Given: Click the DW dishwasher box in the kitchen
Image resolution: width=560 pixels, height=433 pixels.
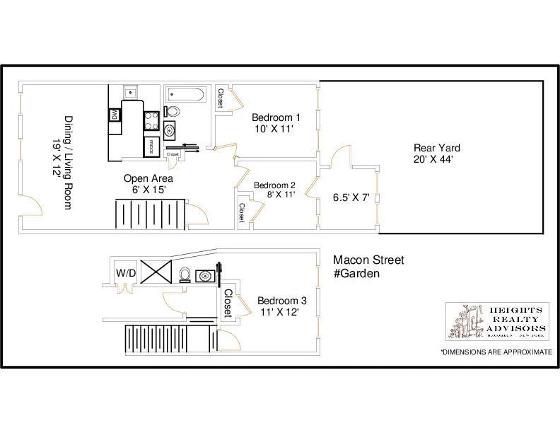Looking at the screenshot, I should (113, 115).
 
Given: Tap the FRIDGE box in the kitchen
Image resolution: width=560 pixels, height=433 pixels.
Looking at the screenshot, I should (151, 146).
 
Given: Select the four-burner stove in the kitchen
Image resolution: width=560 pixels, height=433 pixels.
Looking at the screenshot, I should (151, 120).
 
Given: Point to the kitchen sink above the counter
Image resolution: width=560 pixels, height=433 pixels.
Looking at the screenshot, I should (130, 92).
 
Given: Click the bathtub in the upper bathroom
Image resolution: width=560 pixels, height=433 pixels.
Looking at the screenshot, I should (185, 94).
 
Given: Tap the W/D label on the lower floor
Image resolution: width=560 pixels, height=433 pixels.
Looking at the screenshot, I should (126, 272).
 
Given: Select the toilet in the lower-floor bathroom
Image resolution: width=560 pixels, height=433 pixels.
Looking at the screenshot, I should (185, 275).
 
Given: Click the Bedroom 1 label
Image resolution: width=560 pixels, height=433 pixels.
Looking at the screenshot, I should (276, 117).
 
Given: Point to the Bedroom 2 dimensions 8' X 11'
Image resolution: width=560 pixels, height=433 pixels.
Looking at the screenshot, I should (281, 195).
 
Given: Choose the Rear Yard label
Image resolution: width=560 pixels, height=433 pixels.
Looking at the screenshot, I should (436, 148).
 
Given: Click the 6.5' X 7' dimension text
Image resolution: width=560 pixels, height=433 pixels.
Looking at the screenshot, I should (352, 197).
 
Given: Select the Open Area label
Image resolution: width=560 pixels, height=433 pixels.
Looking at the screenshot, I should (148, 178).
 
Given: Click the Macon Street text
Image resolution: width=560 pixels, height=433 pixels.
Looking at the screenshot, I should (368, 260).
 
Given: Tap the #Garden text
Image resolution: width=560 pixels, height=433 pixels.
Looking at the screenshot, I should (357, 273).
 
